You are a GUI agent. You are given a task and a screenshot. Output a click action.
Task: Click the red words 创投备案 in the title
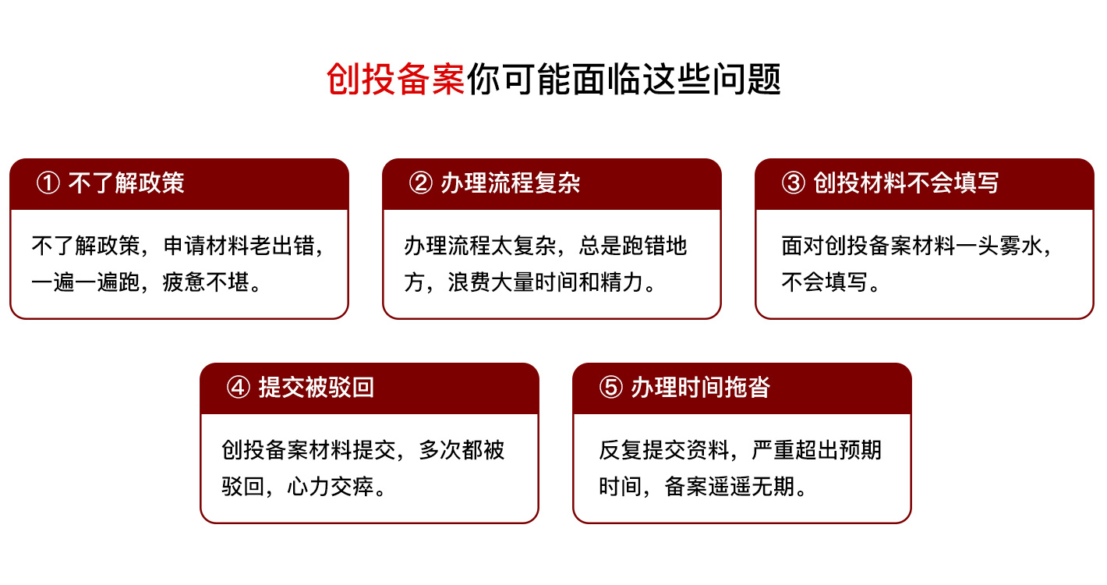395,79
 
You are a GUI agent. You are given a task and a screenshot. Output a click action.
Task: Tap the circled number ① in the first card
48,184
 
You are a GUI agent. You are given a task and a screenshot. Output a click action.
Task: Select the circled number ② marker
420,184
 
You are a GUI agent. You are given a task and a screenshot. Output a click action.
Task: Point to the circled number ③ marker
793,184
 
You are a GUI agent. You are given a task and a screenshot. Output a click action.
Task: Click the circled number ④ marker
238,388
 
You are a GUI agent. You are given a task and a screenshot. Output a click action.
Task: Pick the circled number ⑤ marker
610,388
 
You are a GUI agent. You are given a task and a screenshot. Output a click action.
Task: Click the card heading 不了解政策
126,184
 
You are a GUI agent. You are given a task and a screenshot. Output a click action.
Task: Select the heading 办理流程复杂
510,184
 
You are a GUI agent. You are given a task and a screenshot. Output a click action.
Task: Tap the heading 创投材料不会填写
906,184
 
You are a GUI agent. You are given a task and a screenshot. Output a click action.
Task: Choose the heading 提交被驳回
316,388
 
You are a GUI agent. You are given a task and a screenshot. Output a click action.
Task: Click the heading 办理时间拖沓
700,388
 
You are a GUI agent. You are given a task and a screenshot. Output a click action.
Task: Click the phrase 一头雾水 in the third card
1006,246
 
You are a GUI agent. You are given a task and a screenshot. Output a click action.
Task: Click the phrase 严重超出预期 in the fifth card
817,451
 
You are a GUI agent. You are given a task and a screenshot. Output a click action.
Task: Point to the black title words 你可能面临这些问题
624,79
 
